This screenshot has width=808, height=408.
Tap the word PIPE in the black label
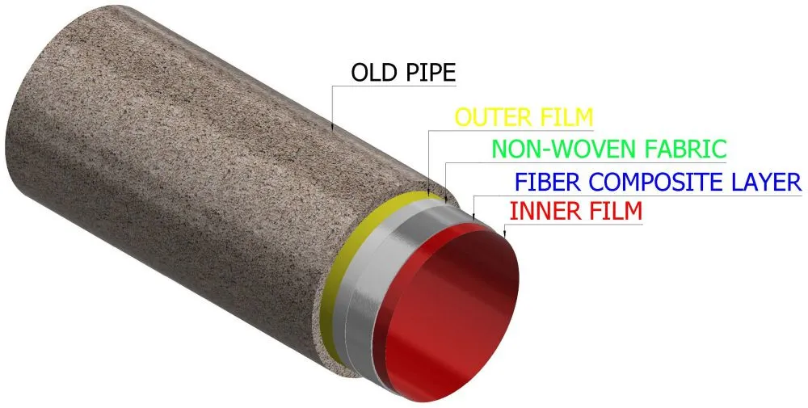pyautogui.click(x=431, y=73)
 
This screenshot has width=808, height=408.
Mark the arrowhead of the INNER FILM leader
pyautogui.click(x=504, y=233)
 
